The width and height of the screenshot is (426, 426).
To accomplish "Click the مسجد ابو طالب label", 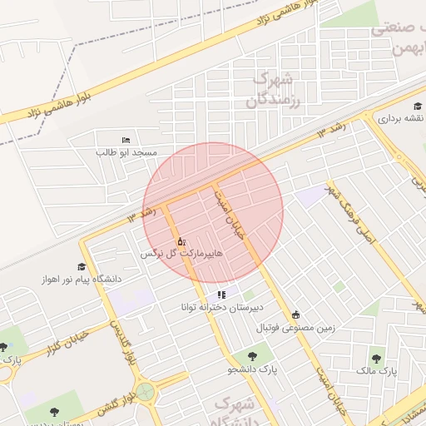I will [x=127, y=153].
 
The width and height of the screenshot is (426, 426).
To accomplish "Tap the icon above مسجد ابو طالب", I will [x=126, y=140].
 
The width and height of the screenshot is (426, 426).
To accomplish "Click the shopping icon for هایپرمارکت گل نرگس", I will [x=181, y=241].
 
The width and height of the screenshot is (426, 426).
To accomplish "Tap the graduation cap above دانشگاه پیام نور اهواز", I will [x=82, y=266].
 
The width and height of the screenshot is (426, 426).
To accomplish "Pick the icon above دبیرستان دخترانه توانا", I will [x=221, y=295].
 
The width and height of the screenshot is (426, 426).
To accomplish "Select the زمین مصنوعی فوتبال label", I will [x=295, y=327].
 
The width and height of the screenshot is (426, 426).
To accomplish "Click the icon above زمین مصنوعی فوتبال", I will [x=295, y=315].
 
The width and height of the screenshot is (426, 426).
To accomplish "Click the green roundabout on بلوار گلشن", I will [x=146, y=391].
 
